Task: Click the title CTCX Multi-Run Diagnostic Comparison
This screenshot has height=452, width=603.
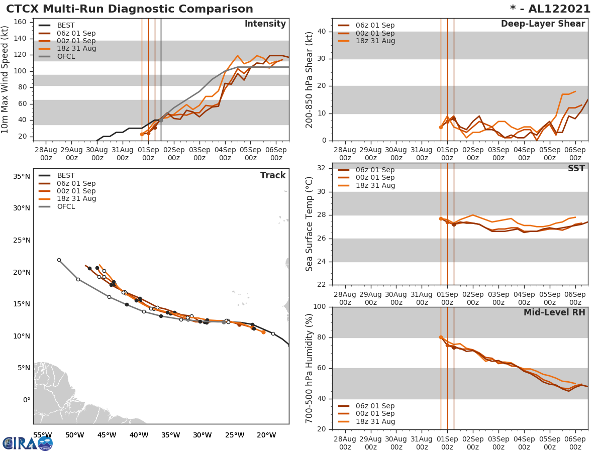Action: pos(130,9)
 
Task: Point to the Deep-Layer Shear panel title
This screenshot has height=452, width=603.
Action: pos(543,24)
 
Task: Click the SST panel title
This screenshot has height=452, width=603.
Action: pos(576,169)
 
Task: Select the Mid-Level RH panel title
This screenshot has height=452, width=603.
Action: pos(554,313)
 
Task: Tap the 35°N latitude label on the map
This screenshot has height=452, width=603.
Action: pos(21,176)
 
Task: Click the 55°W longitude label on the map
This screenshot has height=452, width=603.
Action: pos(42,435)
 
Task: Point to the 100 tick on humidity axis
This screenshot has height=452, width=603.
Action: pos(320,306)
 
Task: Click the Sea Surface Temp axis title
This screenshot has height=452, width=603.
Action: pos(310,224)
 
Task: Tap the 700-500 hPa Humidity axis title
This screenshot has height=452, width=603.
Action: pos(310,368)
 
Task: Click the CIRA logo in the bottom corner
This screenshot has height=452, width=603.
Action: pos(28,443)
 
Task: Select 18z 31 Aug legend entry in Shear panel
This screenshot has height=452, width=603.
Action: pos(374,41)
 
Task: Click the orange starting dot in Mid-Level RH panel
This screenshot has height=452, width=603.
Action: pos(441,337)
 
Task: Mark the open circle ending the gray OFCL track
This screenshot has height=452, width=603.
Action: pos(59,260)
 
